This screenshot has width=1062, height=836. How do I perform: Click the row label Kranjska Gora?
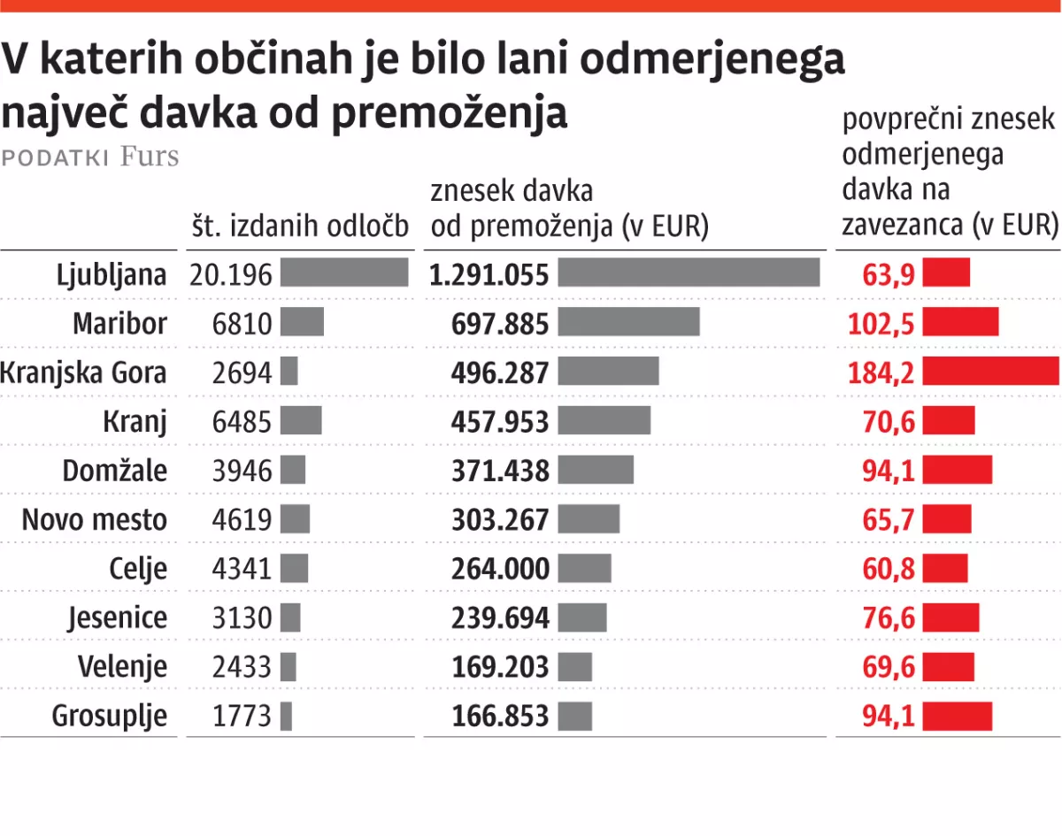click(83, 372)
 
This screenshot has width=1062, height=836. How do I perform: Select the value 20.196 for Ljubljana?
click(230, 274)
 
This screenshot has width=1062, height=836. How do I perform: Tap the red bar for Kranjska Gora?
click(990, 372)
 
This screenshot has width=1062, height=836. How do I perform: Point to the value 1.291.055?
click(489, 274)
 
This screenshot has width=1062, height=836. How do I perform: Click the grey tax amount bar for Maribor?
click(628, 322)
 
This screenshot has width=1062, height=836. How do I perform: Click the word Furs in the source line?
click(150, 157)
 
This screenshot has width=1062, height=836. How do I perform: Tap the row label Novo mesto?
click(94, 519)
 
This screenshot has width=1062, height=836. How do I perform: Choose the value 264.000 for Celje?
click(500, 568)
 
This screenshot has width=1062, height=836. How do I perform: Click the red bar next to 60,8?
click(945, 568)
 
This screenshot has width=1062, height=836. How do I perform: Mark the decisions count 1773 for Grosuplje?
click(242, 715)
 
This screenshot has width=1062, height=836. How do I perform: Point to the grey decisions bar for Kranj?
click(301, 421)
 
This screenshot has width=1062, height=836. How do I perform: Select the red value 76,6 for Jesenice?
click(889, 617)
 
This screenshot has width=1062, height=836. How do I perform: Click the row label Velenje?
click(122, 666)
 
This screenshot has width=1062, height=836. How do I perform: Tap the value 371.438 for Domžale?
click(500, 470)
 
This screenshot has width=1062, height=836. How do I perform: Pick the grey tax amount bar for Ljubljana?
click(689, 273)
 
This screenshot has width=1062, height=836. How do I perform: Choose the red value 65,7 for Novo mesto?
click(889, 519)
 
